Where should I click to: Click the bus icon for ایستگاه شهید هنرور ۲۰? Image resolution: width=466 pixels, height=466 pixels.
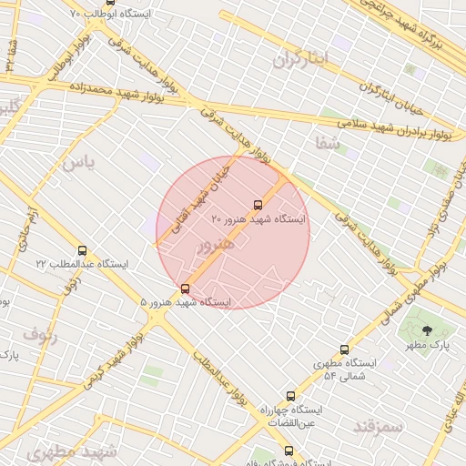pos(258,206)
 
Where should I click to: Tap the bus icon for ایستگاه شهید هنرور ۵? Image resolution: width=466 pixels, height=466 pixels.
pos(186,289)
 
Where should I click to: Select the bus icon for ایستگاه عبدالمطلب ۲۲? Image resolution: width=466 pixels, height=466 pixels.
pos(83,250)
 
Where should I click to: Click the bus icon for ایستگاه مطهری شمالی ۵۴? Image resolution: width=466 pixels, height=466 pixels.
pos(344,349)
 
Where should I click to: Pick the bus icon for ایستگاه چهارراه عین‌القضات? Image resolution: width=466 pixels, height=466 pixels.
pos(291,396)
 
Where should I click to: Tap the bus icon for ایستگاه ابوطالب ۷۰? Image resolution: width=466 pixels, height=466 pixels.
pos(111,4)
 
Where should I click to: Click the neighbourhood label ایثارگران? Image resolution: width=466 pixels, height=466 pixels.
pos(299,59)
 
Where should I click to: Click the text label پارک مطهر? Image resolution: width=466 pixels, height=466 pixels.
pos(428,346)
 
